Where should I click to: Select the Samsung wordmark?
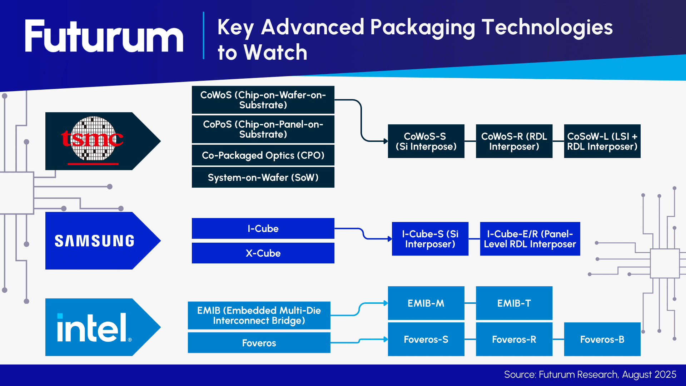pyautogui.click(x=94, y=241)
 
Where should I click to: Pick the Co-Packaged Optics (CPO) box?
pyautogui.click(x=263, y=155)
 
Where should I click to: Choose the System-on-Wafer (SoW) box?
pyautogui.click(x=263, y=177)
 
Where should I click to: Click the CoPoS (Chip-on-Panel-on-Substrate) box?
pyautogui.click(x=263, y=129)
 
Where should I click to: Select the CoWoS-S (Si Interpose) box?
pyautogui.click(x=426, y=141)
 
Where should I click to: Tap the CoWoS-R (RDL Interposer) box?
pyautogui.click(x=514, y=141)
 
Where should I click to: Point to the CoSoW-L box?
pyautogui.click(x=602, y=141)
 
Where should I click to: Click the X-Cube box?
pyautogui.click(x=263, y=253)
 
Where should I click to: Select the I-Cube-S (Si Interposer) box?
pyautogui.click(x=430, y=239)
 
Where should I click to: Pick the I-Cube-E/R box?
pyautogui.click(x=530, y=239)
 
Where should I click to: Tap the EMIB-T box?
pyautogui.click(x=514, y=303)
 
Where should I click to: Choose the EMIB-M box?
pyautogui.click(x=426, y=303)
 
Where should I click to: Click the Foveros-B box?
pyautogui.click(x=602, y=339)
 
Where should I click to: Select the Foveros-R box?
pyautogui.click(x=514, y=339)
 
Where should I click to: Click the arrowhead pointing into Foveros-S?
pyautogui.click(x=386, y=339)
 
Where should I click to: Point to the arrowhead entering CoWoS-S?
pyautogui.click(x=386, y=141)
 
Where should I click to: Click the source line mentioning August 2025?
pyautogui.click(x=590, y=375)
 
